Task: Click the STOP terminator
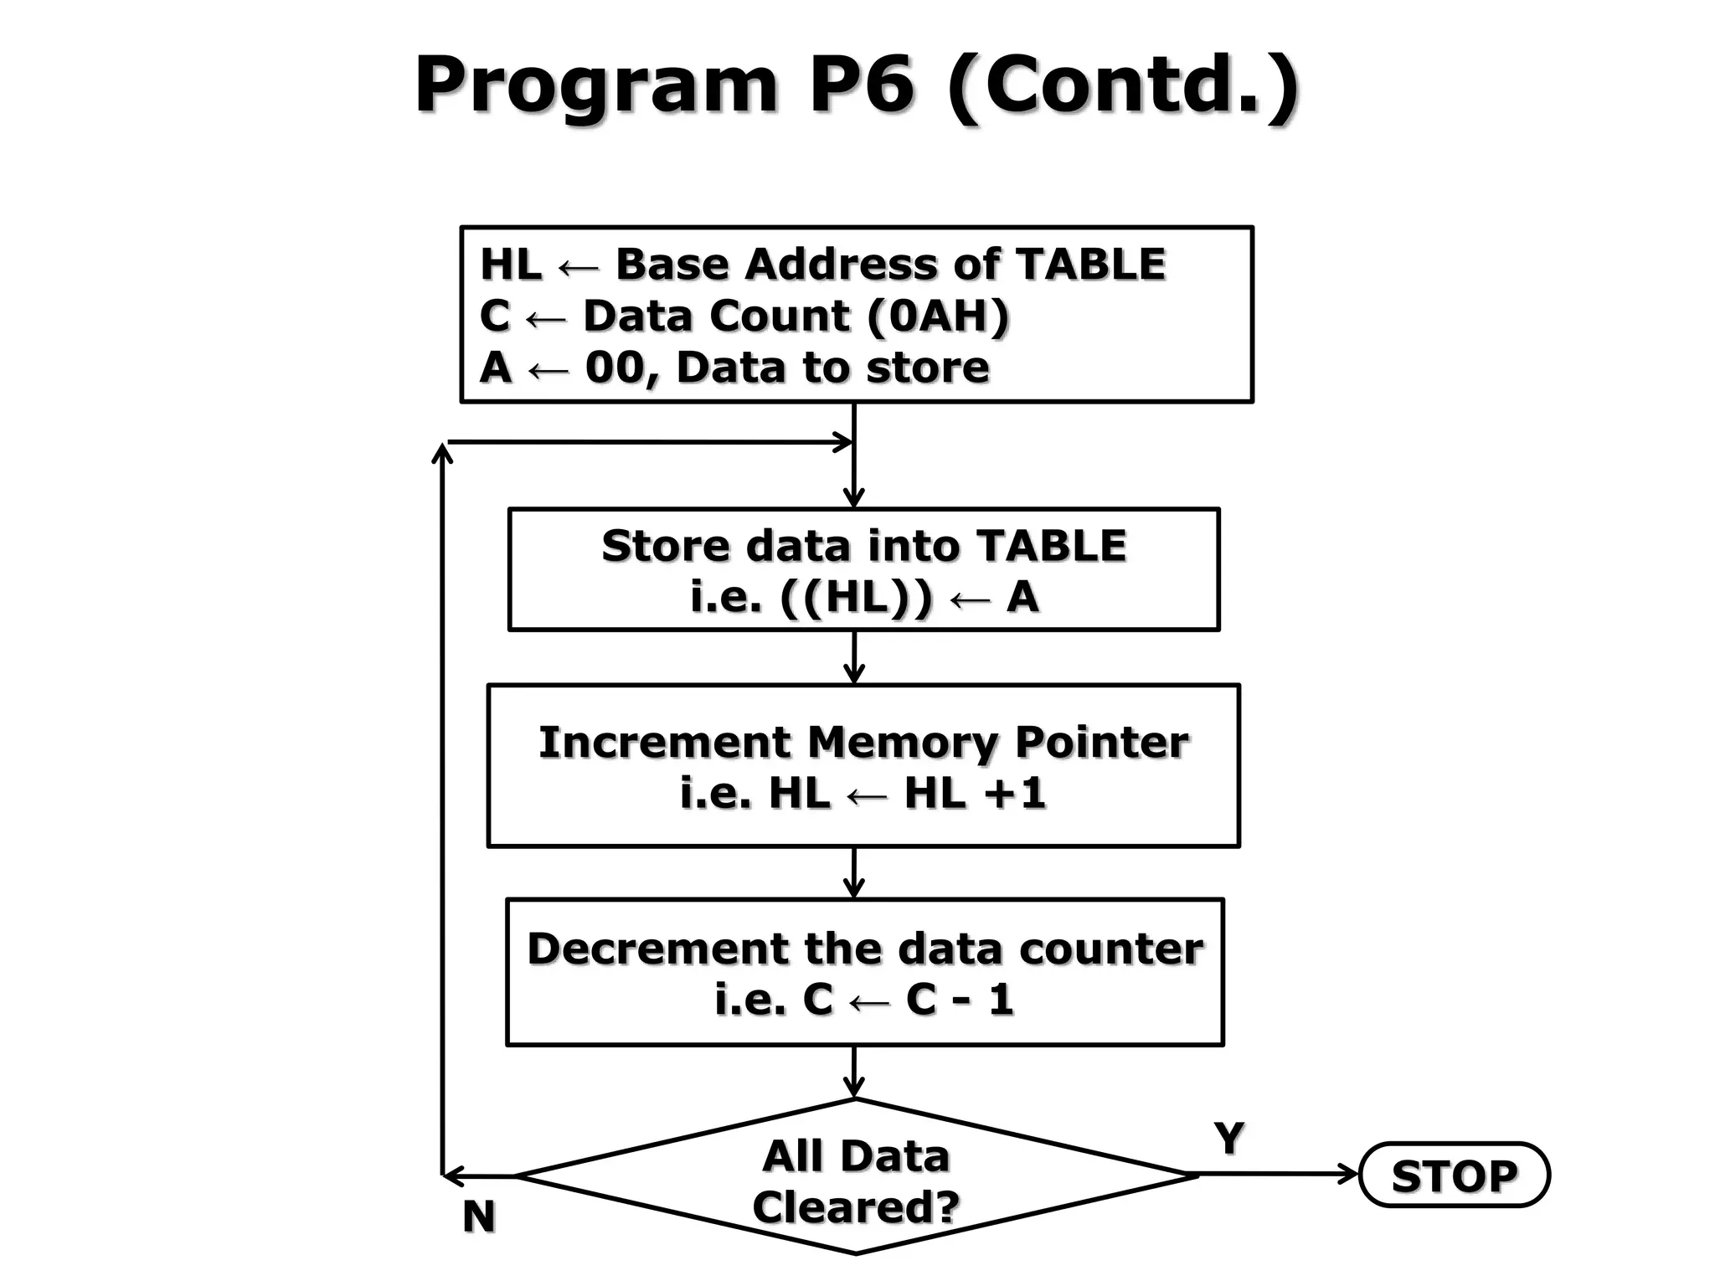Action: tap(1454, 1175)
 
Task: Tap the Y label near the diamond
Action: tap(1228, 1139)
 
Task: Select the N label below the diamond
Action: tap(479, 1217)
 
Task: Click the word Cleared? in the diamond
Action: tap(856, 1207)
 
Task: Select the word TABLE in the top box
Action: tap(1089, 265)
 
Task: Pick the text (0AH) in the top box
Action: tap(938, 316)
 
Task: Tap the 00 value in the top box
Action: tap(615, 368)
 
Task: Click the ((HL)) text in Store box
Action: tap(855, 598)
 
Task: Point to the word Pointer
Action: tap(1101, 742)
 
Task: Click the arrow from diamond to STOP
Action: tap(1277, 1175)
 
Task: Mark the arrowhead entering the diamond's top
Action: tap(854, 1088)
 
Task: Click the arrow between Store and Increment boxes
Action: tap(854, 658)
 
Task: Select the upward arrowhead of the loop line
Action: tap(442, 453)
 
